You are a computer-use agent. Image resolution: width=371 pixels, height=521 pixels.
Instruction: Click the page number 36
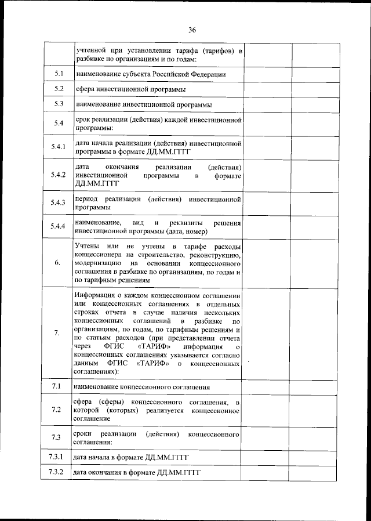[x=192, y=30]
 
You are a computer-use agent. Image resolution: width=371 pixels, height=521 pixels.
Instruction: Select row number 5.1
[x=58, y=74]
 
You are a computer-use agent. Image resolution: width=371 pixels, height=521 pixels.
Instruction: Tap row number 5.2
[x=58, y=89]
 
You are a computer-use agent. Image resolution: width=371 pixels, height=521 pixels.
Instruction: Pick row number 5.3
[x=58, y=104]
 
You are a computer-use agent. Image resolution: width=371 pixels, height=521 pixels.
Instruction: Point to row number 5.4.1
[x=57, y=147]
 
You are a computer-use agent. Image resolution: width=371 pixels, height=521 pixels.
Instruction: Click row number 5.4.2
[x=57, y=175]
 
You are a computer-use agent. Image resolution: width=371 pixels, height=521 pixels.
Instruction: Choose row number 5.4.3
[x=57, y=203]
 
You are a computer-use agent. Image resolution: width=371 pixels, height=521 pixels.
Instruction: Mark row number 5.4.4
[x=57, y=227]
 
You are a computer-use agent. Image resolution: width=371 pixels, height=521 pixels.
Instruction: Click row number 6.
[x=57, y=263]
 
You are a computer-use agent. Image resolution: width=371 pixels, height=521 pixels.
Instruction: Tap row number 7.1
[x=57, y=386]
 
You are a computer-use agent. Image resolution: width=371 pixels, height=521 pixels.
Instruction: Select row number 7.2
[x=57, y=410]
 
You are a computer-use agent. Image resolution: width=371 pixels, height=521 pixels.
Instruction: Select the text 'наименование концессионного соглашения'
[x=141, y=387]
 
